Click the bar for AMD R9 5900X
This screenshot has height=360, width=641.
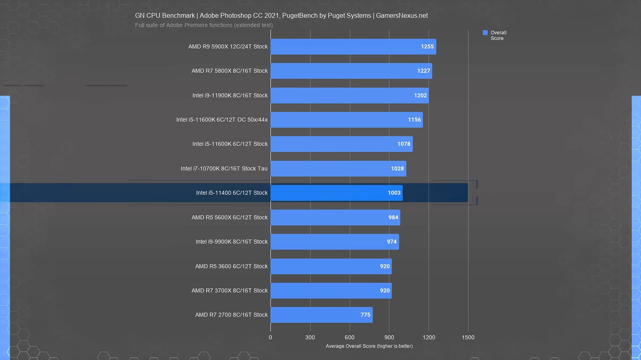(x=353, y=47)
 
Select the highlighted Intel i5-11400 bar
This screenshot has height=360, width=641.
(x=337, y=193)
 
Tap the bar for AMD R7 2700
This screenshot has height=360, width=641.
(x=322, y=315)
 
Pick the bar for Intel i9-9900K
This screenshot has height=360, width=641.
(x=335, y=242)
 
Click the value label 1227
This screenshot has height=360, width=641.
(x=423, y=71)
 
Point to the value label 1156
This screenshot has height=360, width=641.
(x=414, y=120)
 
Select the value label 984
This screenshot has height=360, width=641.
(x=393, y=218)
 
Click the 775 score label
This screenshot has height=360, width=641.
(x=365, y=315)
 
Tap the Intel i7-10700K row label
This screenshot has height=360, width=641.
(x=224, y=168)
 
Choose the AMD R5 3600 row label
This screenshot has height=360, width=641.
(x=231, y=266)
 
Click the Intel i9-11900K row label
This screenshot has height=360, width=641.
(x=230, y=95)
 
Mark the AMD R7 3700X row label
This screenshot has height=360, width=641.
(x=230, y=291)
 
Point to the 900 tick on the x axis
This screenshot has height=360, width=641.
(x=389, y=337)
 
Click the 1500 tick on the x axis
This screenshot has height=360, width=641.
(x=468, y=337)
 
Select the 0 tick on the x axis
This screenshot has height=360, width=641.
(x=270, y=337)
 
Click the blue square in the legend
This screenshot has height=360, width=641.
(x=485, y=33)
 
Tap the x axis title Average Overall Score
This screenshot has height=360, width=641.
(x=369, y=346)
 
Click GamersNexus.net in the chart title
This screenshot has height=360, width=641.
(x=402, y=16)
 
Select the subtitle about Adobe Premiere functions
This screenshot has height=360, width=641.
(x=204, y=25)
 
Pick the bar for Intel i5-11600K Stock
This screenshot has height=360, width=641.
(x=342, y=144)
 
